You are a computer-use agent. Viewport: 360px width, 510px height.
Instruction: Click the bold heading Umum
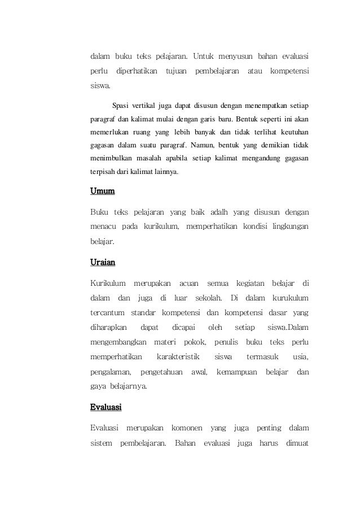coord(103,191)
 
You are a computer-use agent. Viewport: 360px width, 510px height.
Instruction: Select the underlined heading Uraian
coord(103,262)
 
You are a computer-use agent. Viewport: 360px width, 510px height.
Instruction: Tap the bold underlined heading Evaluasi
coord(106,407)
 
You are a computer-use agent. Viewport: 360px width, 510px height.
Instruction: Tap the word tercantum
coord(107,312)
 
